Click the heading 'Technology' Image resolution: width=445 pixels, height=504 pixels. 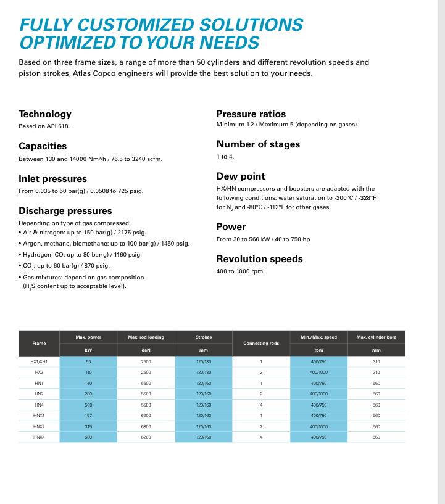45,114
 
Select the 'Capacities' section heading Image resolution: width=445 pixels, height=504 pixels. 43,146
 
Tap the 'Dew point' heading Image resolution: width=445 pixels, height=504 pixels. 241,176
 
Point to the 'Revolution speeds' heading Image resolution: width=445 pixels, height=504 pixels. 259,259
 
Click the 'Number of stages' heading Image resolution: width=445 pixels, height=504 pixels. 258,144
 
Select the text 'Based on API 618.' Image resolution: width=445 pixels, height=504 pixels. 44,126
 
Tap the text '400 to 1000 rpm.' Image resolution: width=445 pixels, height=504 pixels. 241,271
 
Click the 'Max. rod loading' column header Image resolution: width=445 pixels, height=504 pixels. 146,337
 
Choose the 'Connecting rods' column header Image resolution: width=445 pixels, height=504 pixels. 261,343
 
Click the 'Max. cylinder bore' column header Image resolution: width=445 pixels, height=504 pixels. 376,337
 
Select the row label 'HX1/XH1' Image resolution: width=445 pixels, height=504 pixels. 39,361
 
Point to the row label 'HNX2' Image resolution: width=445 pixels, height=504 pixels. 39,426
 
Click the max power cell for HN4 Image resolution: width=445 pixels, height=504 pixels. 88,405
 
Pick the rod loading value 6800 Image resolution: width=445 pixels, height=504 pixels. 146,426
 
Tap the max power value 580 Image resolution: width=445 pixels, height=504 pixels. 88,437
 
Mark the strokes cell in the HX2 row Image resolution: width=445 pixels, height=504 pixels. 204,373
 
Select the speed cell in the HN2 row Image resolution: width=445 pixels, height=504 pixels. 319,394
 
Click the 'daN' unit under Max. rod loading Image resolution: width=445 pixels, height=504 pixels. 146,350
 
